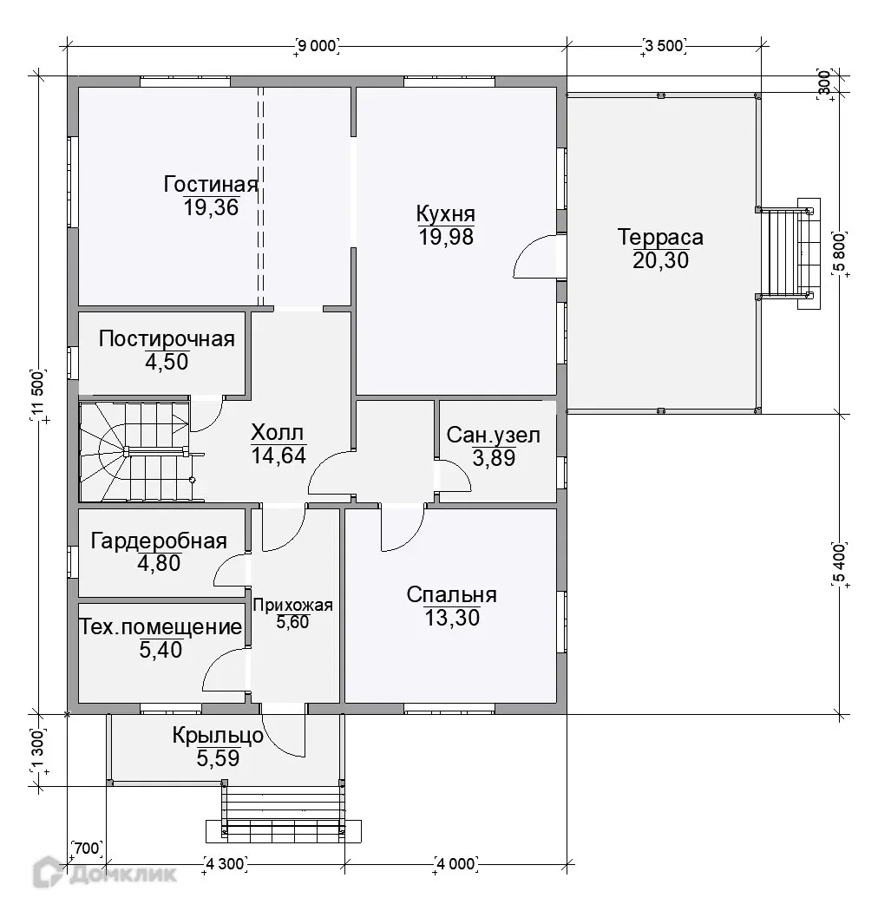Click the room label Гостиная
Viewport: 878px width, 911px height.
(210, 184)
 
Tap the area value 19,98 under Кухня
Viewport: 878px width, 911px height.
(446, 237)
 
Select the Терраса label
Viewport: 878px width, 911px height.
(660, 237)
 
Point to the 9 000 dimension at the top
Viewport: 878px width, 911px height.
(318, 45)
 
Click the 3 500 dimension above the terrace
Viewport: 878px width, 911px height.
(665, 45)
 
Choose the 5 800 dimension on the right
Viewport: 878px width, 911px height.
(840, 252)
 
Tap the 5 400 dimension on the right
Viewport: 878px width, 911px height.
(840, 563)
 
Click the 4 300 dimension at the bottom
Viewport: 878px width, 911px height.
(225, 864)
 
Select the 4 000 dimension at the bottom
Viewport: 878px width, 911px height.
(456, 864)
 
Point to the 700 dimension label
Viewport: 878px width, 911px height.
(87, 849)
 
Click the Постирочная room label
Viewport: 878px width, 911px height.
(167, 338)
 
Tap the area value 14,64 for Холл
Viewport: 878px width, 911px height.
(278, 455)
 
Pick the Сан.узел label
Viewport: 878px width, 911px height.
(494, 435)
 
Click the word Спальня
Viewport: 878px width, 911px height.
(451, 595)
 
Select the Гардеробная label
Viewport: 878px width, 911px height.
(159, 541)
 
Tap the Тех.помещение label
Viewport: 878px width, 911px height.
(161, 626)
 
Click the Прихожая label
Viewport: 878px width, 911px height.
(293, 606)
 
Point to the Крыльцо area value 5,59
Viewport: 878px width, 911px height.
(218, 758)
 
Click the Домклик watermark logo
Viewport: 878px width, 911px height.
(105, 873)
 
